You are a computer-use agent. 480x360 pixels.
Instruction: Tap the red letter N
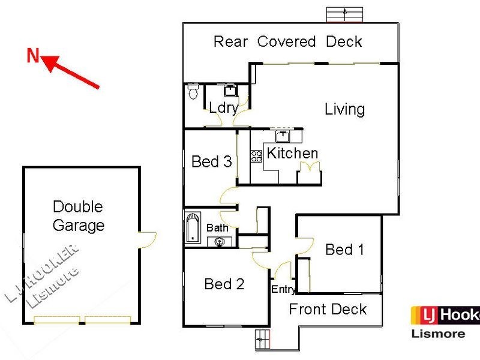(x=33, y=56)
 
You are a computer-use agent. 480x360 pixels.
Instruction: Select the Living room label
(x=344, y=109)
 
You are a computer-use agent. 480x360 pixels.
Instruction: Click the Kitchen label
(x=292, y=153)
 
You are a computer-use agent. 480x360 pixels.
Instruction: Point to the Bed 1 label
(x=344, y=249)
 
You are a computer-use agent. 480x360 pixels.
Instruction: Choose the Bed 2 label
(x=224, y=284)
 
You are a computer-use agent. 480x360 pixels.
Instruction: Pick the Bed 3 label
(x=211, y=161)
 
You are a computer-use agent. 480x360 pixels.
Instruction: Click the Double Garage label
(x=79, y=216)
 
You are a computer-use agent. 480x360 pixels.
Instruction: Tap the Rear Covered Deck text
(x=288, y=41)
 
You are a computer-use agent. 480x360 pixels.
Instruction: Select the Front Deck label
(x=328, y=309)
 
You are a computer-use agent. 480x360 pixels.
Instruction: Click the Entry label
(x=283, y=290)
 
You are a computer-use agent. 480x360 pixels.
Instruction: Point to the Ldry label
(x=223, y=108)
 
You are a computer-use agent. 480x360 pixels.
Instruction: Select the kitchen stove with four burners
(x=256, y=156)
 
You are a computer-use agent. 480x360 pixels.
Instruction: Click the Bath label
(x=217, y=228)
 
